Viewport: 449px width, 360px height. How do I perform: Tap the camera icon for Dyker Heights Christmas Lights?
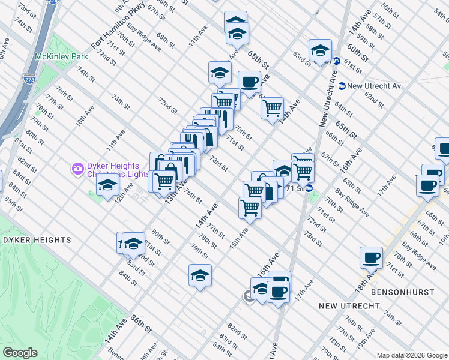coord(77,170)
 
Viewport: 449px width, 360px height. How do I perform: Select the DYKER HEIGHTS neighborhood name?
coord(37,240)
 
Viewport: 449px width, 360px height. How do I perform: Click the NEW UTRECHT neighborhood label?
coord(349,306)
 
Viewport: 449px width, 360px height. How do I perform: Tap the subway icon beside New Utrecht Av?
coord(342,86)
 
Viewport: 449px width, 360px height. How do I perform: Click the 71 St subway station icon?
coord(309,188)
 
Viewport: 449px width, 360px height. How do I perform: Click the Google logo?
coord(20,353)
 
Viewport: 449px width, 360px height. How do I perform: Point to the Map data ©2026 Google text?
coord(412,355)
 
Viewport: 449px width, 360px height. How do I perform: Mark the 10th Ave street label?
coord(83,115)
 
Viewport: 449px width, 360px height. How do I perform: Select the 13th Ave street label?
coord(173,188)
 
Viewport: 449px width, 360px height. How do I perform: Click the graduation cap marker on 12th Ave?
coord(107,186)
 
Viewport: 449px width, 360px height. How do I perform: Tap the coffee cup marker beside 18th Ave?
coord(371,258)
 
